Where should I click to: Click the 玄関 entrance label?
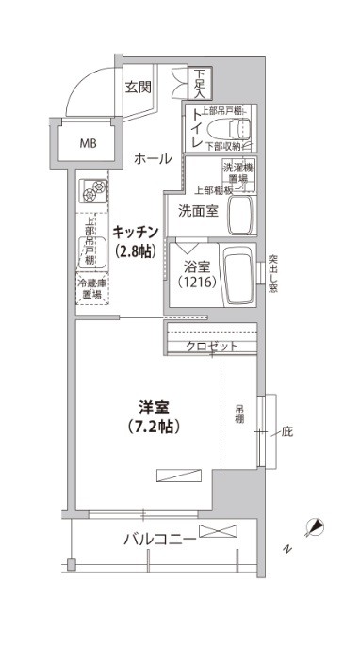point(138,88)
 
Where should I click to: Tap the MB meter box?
point(87,144)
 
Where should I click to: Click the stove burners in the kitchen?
point(92,191)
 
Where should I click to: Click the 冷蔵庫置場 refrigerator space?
point(92,287)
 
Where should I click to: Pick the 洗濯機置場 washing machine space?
point(238,174)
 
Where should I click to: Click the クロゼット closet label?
point(211,347)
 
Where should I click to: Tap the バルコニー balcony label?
point(158,540)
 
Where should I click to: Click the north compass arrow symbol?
point(317,525)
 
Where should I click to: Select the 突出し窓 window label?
point(272,271)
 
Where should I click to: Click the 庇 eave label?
point(287,432)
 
